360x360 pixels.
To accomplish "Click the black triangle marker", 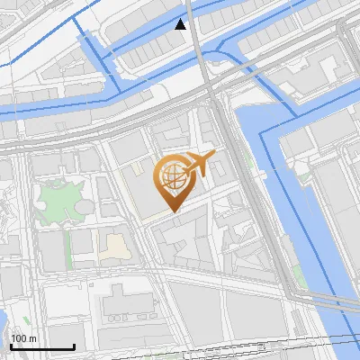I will pos(182,24).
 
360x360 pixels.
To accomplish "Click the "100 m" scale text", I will pos(24,337).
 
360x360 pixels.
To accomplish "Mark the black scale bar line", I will pos(41,346).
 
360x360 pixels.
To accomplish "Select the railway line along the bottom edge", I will pos(270,341).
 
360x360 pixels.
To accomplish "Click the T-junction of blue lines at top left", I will pos(72,17).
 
